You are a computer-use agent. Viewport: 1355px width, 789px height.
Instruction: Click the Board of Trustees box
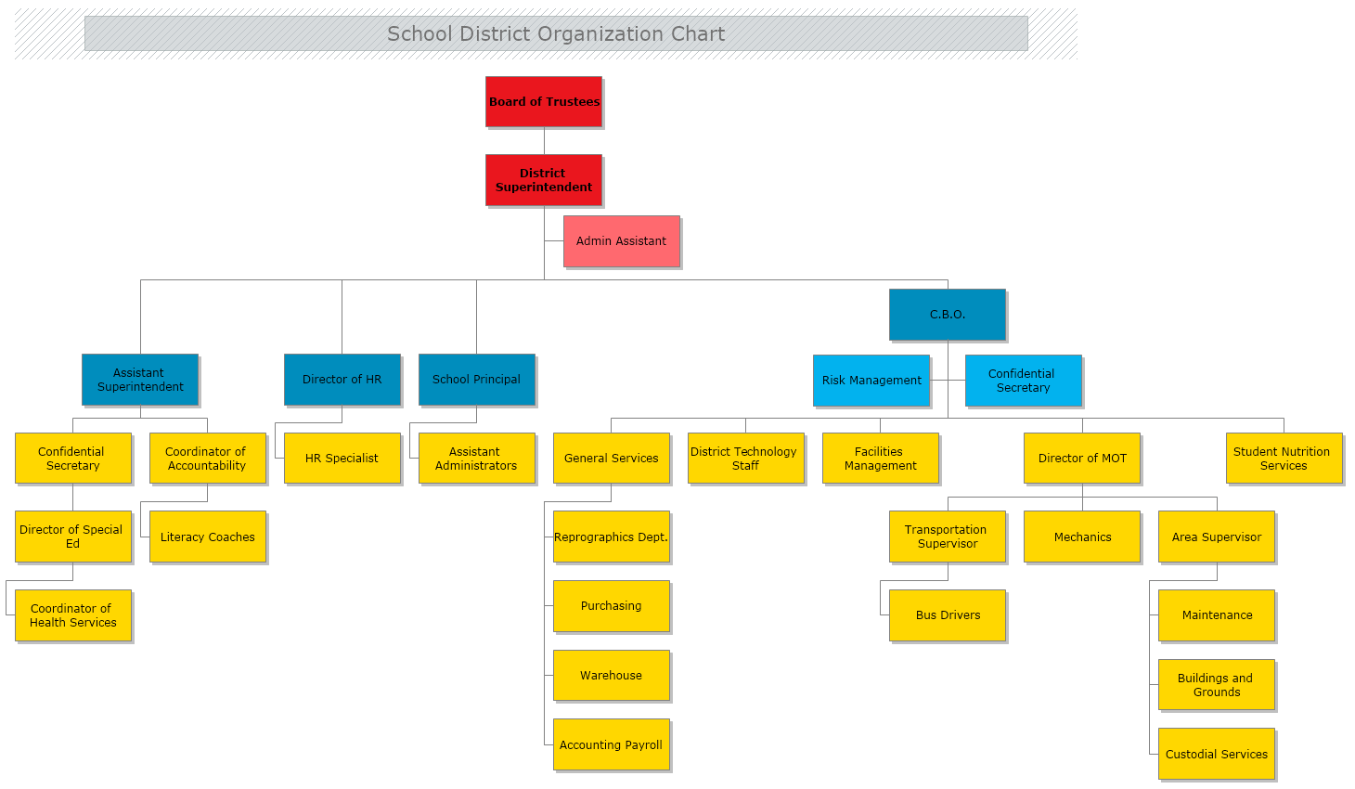click(x=544, y=101)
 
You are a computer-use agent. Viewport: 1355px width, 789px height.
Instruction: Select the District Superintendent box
click(x=544, y=180)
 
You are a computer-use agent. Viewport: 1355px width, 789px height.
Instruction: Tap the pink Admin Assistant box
click(x=622, y=241)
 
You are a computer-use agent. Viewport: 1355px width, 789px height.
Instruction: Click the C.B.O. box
click(x=948, y=315)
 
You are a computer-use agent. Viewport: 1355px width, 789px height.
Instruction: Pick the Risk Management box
click(x=871, y=381)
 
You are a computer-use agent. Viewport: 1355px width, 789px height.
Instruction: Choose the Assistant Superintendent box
click(x=140, y=380)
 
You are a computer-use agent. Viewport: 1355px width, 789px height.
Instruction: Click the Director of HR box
click(x=342, y=380)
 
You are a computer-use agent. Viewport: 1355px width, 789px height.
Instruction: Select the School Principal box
click(x=477, y=380)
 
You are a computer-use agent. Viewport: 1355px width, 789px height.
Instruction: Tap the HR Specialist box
click(x=342, y=459)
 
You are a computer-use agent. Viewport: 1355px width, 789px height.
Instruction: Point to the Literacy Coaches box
click(x=208, y=537)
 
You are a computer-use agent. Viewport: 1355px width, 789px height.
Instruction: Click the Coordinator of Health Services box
click(x=73, y=615)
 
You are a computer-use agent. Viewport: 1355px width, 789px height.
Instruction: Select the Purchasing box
click(x=612, y=606)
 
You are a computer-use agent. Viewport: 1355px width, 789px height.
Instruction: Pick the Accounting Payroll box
click(x=612, y=744)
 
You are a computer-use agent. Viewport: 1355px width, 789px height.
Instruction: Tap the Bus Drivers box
click(x=948, y=615)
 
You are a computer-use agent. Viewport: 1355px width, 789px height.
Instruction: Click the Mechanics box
click(x=1082, y=537)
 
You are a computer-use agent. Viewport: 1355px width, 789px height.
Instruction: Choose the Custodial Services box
click(x=1217, y=754)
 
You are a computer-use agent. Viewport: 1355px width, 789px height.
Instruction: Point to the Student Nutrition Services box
click(x=1284, y=459)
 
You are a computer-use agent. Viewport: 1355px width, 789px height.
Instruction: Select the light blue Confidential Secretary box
click(x=1023, y=381)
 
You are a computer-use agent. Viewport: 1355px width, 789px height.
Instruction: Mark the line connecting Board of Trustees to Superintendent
click(x=544, y=141)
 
